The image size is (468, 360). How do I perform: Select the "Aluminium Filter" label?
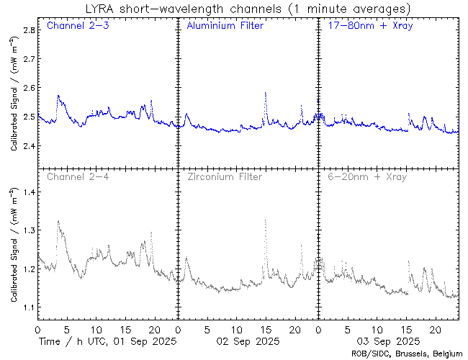[225, 27]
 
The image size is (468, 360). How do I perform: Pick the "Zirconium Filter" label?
[225, 176]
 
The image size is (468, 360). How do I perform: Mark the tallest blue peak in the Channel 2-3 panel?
[58, 96]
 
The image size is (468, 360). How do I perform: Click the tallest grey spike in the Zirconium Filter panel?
[266, 220]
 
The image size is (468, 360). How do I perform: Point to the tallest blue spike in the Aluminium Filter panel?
[266, 94]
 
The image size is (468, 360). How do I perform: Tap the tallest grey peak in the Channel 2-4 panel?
[58, 222]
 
